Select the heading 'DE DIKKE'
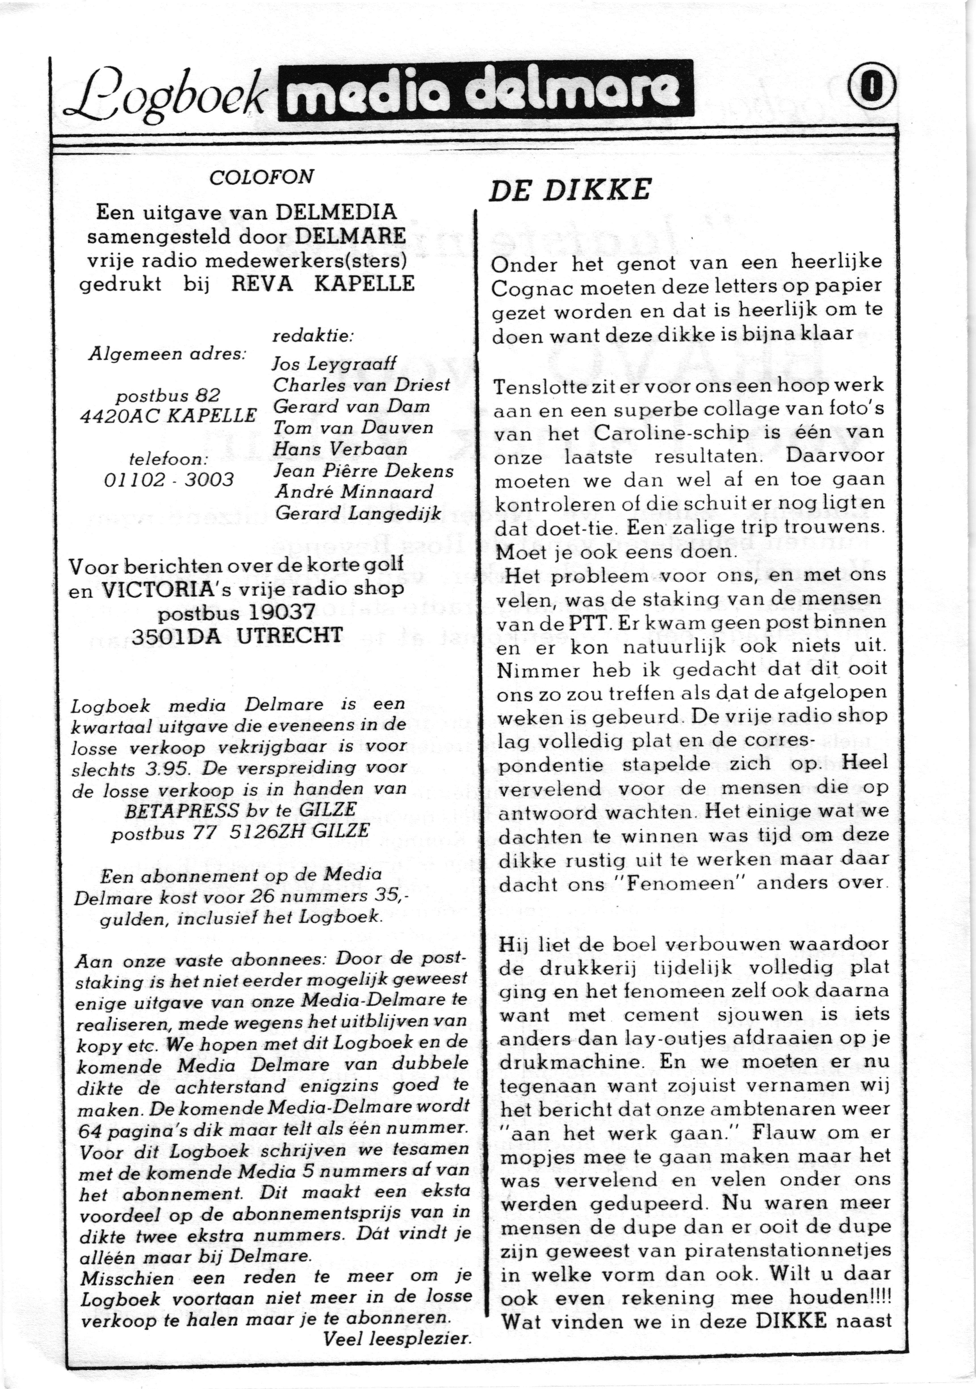pyautogui.click(x=570, y=190)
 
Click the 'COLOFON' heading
pyautogui.click(x=261, y=177)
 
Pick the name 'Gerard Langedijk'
pyautogui.click(x=358, y=513)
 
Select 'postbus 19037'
pyautogui.click(x=236, y=613)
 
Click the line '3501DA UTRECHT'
pyautogui.click(x=236, y=635)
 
